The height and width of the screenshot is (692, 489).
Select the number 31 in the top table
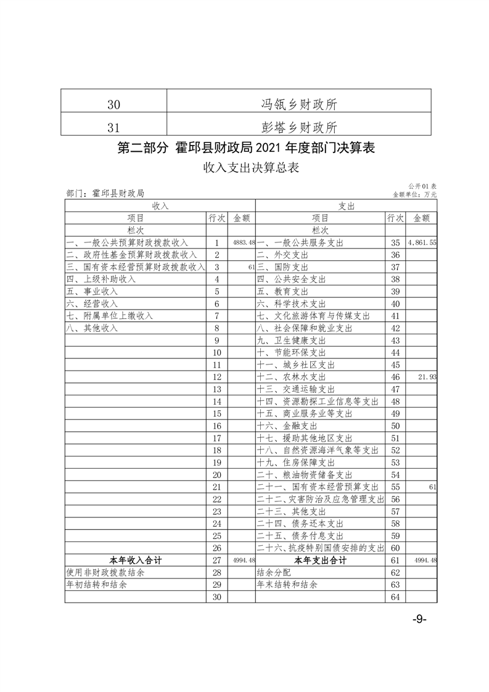[113, 127]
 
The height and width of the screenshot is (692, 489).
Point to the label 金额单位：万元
[414, 194]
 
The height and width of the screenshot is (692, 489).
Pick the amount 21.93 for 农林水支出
[426, 377]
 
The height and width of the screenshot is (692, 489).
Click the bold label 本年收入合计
[136, 561]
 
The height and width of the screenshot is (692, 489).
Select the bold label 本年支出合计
[320, 561]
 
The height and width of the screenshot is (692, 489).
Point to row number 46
[395, 377]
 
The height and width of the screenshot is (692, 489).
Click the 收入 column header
[160, 206]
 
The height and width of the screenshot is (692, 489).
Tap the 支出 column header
[346, 206]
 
